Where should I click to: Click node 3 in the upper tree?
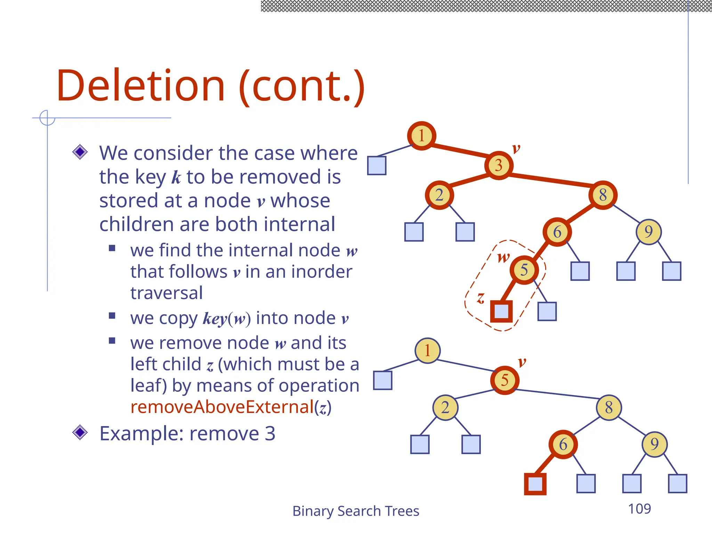[x=499, y=165]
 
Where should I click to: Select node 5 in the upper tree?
[x=524, y=270]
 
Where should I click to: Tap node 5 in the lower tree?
[x=504, y=380]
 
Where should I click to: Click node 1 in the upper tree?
[x=421, y=136]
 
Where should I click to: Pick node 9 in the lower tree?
[x=654, y=444]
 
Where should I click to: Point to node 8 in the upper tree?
[x=603, y=195]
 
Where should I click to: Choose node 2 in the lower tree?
[x=445, y=407]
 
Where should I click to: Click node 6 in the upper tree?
[x=557, y=232]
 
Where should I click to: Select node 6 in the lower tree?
[x=563, y=444]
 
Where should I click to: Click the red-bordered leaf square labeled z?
[x=501, y=311]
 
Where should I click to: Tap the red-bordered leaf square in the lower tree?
[x=535, y=484]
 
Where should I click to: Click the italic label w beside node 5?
[x=503, y=258]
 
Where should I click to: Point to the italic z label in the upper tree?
[x=480, y=298]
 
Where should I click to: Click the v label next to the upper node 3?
[x=516, y=149]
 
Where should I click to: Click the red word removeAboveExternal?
[x=222, y=407]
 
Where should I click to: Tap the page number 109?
[x=639, y=509]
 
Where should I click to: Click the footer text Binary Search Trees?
[x=356, y=511]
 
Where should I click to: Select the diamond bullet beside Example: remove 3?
[x=80, y=432]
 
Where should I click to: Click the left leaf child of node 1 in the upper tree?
[x=377, y=165]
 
